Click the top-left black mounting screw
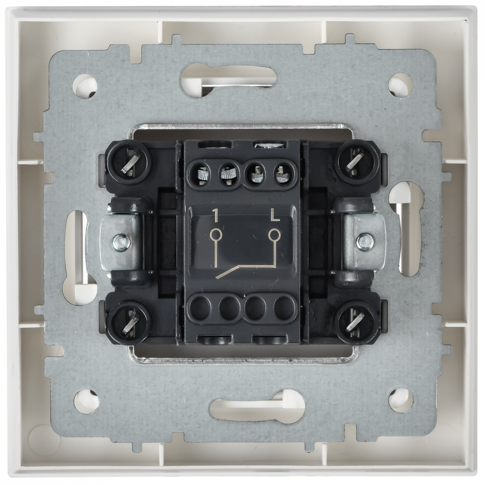coord(130,163)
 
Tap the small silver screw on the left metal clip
coord(121,243)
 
